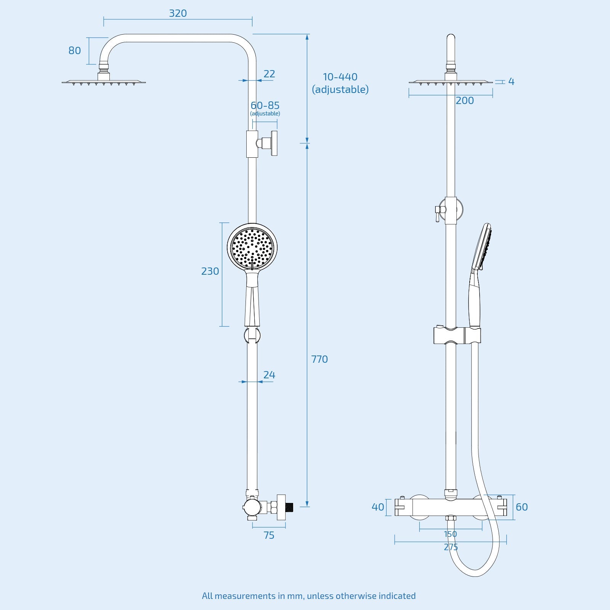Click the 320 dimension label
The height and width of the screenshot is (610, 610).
(178, 13)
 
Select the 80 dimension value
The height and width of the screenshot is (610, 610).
(75, 51)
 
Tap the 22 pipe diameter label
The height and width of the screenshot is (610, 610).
(269, 74)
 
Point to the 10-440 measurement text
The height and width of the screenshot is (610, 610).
(340, 77)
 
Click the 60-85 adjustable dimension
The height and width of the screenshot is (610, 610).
(265, 106)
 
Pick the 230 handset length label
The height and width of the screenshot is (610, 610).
(210, 271)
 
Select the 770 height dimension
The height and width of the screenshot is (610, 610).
(319, 359)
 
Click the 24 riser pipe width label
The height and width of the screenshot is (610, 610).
(269, 375)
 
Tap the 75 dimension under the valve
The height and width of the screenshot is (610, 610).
(269, 535)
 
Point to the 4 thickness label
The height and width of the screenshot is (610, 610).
(511, 82)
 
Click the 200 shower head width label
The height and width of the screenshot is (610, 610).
(465, 101)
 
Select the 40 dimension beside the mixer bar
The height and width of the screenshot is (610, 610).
(378, 507)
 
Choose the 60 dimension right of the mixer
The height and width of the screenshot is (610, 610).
(522, 507)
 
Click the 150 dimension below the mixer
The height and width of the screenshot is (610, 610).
(450, 534)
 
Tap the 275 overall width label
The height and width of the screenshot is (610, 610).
(451, 547)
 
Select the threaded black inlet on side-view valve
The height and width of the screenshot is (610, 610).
(290, 507)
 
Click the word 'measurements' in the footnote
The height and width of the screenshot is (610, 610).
(244, 596)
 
